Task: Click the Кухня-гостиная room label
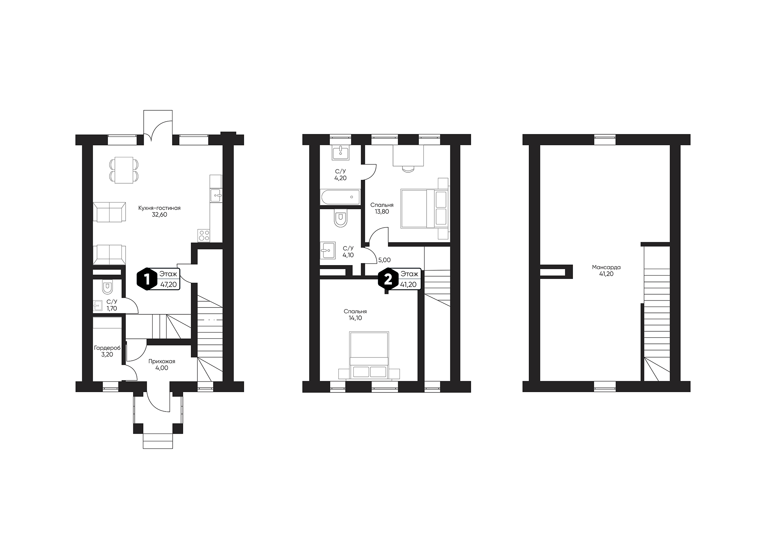coord(159,208)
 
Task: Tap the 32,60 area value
coord(159,215)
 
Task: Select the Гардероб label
coord(107,348)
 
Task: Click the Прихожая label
coord(162,361)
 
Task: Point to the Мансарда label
coord(606,267)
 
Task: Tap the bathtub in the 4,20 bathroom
coord(340,197)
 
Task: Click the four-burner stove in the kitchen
coord(204,236)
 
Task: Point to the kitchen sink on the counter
coord(216,195)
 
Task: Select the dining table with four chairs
coord(124,170)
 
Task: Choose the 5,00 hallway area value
coord(384,260)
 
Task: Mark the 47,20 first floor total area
coord(168,285)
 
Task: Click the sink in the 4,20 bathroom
coord(340,152)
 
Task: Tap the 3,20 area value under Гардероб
coord(107,355)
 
